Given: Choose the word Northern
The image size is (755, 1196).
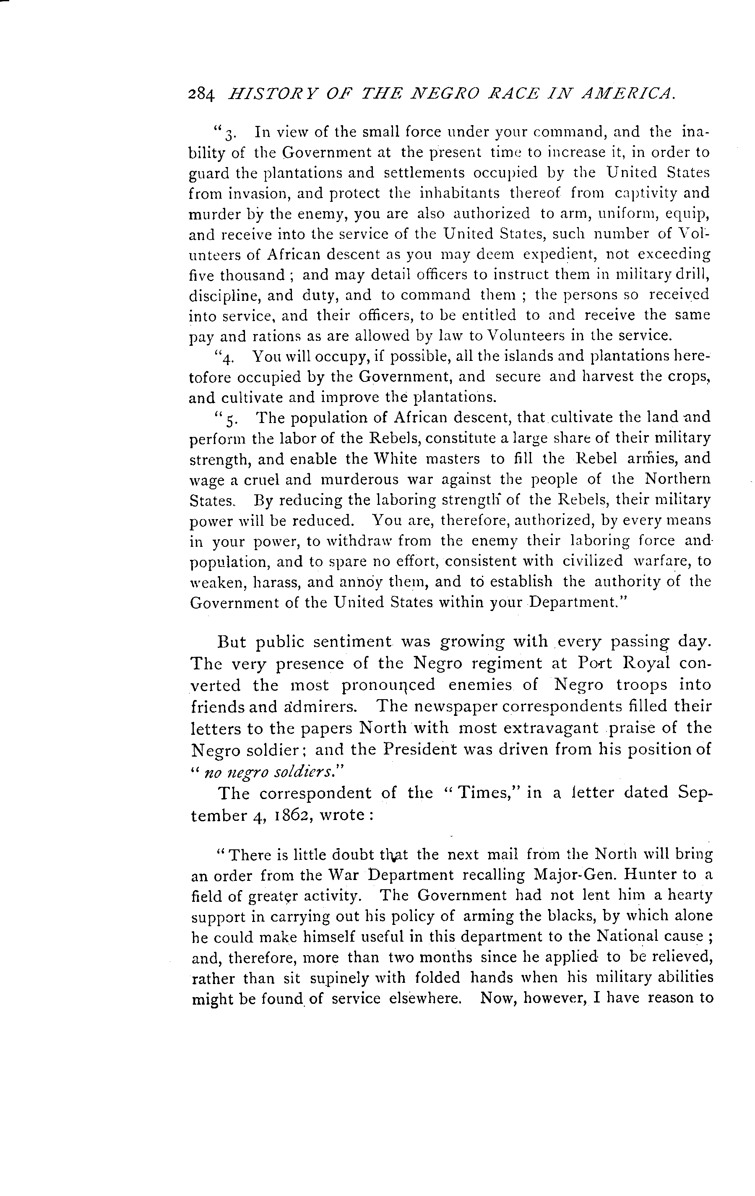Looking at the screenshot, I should (x=677, y=479).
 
